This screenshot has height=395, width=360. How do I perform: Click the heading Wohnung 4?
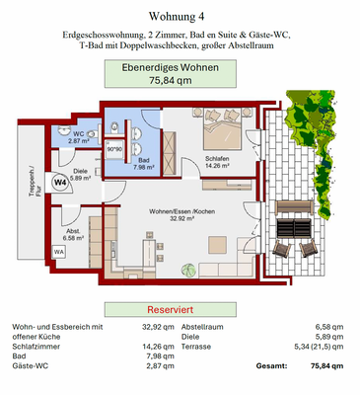[x=180, y=16]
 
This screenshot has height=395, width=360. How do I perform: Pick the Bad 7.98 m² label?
[x=144, y=163]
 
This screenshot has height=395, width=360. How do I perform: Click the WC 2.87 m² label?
[x=79, y=137]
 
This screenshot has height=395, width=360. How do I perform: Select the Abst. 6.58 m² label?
[x=75, y=234]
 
